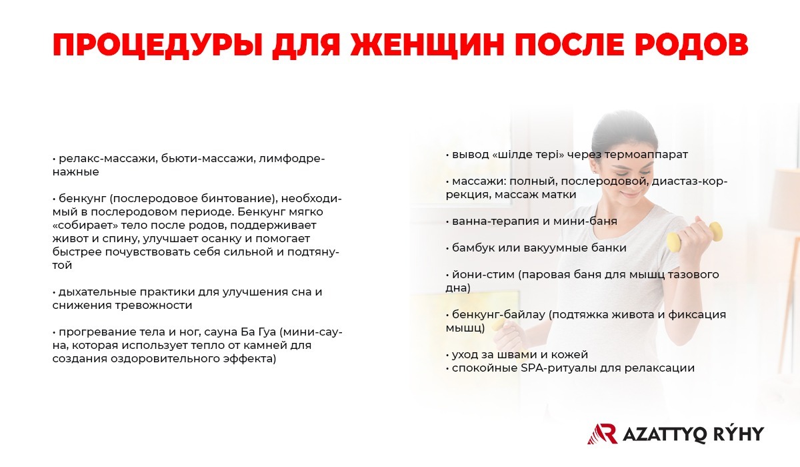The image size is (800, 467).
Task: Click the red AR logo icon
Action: click(x=603, y=434)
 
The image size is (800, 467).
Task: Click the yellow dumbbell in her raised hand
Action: click(x=695, y=237)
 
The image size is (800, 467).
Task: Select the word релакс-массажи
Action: click(x=108, y=158)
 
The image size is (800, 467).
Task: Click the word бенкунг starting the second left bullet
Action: click(x=83, y=199)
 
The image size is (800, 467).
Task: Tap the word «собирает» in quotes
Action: click(x=85, y=225)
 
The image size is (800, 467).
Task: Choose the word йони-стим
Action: click(x=483, y=275)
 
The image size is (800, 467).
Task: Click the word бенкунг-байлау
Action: click(x=498, y=315)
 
